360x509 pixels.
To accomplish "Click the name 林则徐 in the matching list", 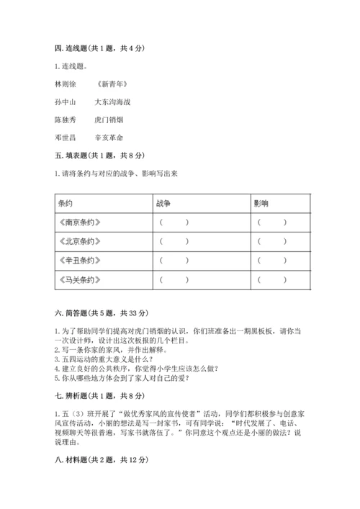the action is tap(64, 85).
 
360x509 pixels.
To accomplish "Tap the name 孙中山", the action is tap(64, 102).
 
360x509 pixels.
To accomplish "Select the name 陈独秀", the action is tap(64, 120).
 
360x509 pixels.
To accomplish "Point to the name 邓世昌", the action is tap(64, 137).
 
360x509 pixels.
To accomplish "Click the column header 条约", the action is tap(66, 204).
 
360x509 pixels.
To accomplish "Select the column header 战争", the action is tap(162, 204).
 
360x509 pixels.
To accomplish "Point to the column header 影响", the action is tap(261, 204).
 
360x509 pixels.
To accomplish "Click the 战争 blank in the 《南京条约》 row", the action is tap(174, 222).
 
